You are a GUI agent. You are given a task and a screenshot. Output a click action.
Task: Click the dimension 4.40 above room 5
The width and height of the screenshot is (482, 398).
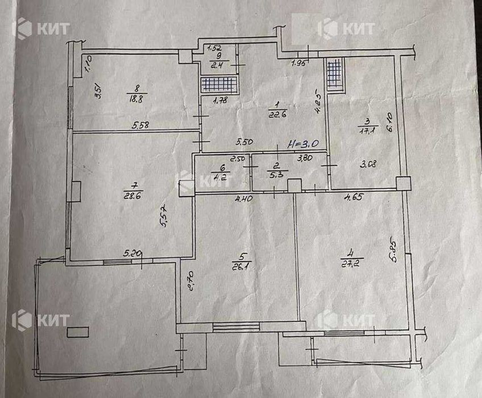point(244,198)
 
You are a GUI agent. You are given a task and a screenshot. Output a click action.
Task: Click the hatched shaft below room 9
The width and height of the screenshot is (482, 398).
point(219,85)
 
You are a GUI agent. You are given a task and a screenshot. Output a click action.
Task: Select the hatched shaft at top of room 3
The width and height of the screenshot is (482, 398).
point(334,74)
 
